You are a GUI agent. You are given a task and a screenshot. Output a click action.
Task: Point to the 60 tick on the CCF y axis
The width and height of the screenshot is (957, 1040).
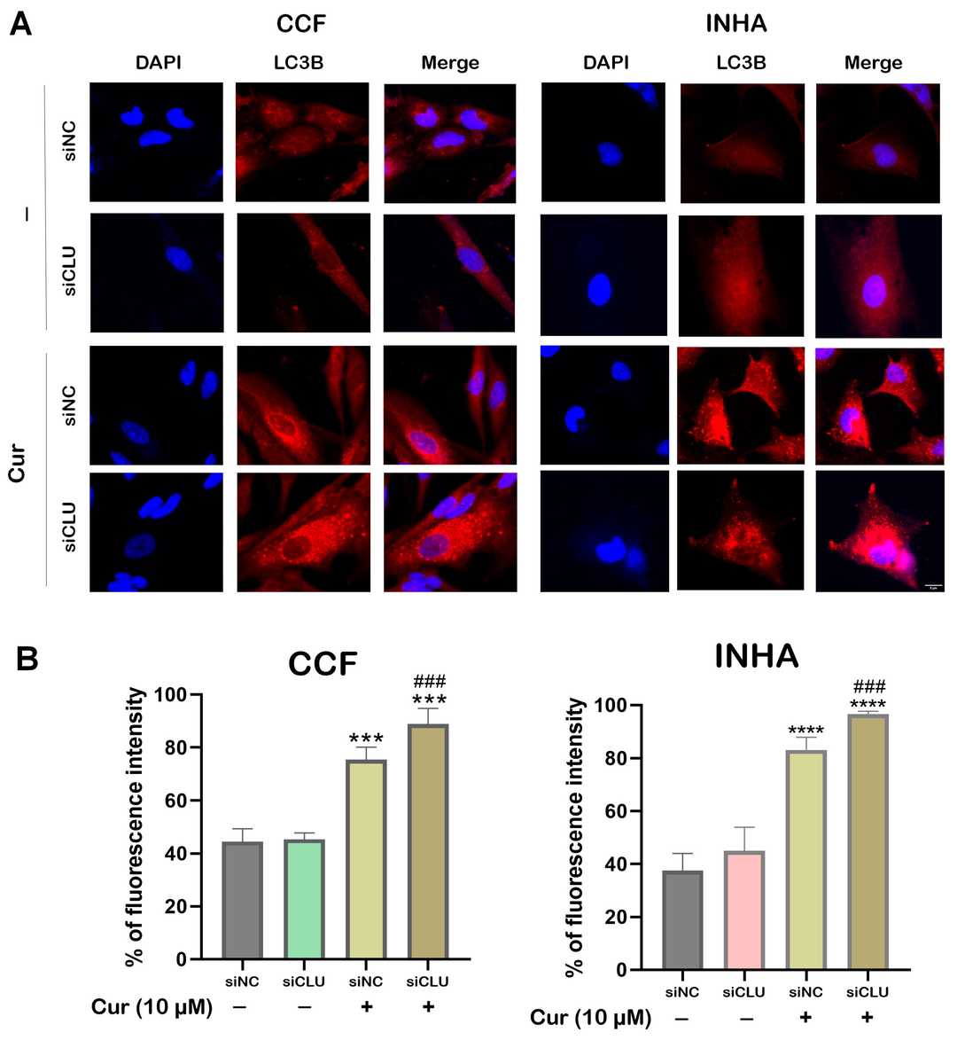pyautogui.click(x=176, y=801)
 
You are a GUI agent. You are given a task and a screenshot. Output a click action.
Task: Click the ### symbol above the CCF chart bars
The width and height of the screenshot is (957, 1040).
pyautogui.click(x=429, y=682)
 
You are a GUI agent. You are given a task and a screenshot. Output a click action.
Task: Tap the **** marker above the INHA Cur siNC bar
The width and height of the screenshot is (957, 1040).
pyautogui.click(x=805, y=732)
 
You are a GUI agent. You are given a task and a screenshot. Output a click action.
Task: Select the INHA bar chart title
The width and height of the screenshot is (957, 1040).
pyautogui.click(x=757, y=657)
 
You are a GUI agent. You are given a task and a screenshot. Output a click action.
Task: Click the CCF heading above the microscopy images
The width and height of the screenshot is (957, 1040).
pyautogui.click(x=301, y=23)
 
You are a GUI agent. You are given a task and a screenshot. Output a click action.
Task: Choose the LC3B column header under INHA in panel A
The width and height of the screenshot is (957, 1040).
pyautogui.click(x=741, y=63)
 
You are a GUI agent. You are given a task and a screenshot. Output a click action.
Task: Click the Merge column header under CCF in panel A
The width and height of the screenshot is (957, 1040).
pyautogui.click(x=449, y=63)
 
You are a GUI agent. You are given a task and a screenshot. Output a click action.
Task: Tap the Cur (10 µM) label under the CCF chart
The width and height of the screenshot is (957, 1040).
pyautogui.click(x=152, y=1007)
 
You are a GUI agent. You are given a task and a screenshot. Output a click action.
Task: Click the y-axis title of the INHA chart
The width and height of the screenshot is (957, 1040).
pyautogui.click(x=577, y=836)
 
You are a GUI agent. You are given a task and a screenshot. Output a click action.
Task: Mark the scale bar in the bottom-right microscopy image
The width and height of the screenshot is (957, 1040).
pyautogui.click(x=932, y=586)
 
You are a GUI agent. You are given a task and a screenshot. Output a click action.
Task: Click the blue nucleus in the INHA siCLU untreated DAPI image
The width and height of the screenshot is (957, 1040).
pyautogui.click(x=600, y=289)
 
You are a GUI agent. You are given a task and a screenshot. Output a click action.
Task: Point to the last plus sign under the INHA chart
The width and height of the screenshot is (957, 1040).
pyautogui.click(x=868, y=1016)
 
